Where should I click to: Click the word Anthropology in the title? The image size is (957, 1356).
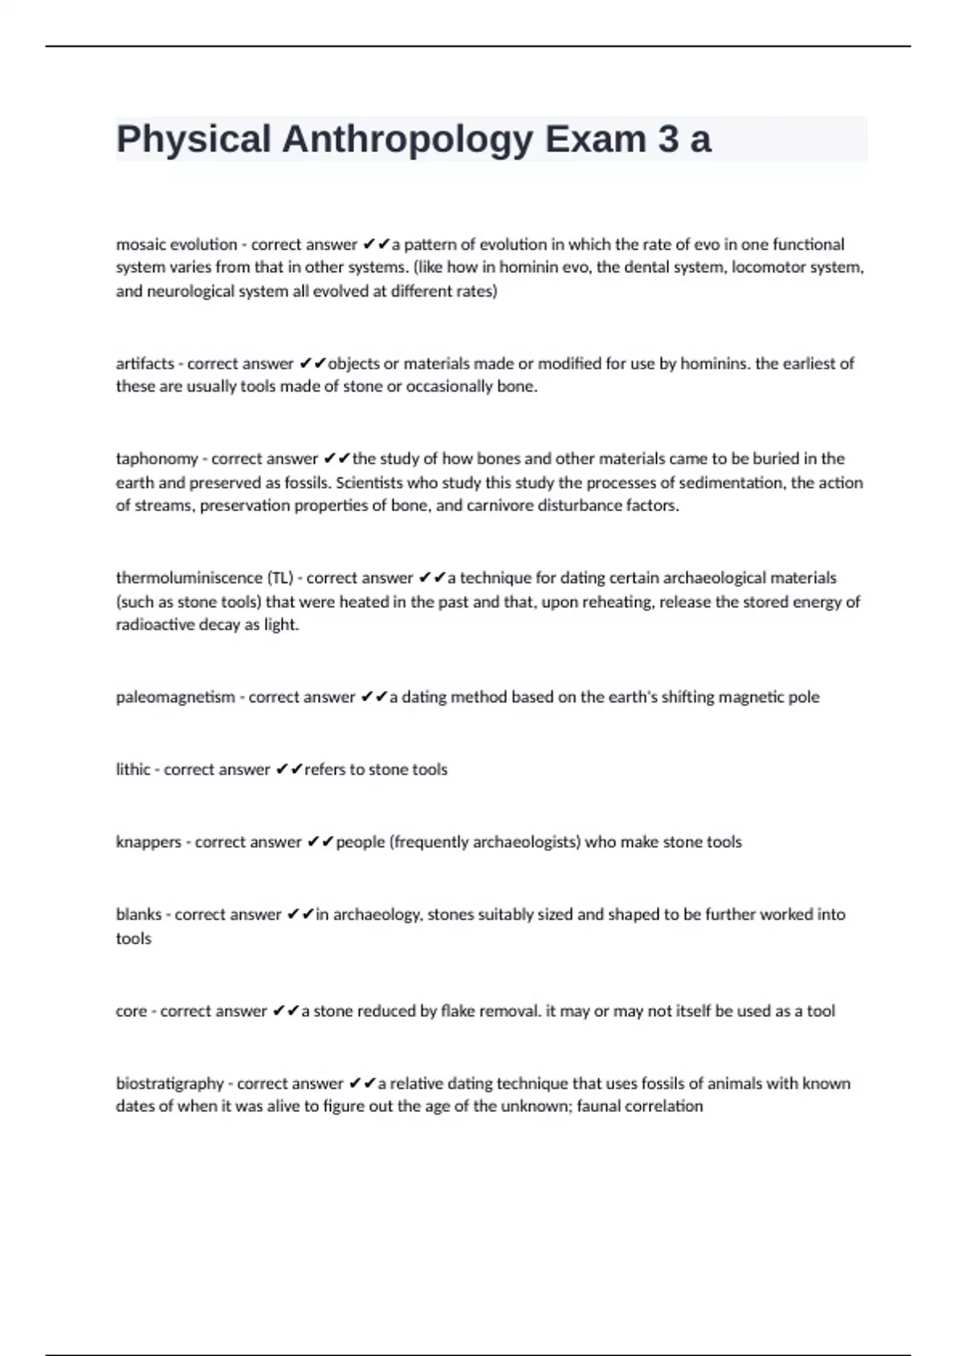[x=407, y=140]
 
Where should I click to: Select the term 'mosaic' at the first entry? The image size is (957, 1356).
[x=141, y=244]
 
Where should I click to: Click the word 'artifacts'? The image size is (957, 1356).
[x=144, y=364]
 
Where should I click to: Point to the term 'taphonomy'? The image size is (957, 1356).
[x=156, y=459]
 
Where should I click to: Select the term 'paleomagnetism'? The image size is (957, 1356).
[x=175, y=697]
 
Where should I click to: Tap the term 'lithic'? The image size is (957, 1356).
[x=132, y=770]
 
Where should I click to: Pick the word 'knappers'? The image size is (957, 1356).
[x=148, y=842]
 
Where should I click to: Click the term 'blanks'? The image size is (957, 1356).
[x=139, y=915]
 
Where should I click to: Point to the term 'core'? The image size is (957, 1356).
[x=131, y=1011]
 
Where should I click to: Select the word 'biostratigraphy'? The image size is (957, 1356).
[x=170, y=1084]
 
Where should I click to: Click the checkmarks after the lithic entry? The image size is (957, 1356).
[x=289, y=770]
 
